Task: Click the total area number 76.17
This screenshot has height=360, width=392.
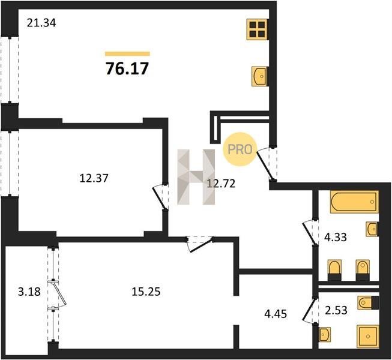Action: pyautogui.click(x=127, y=68)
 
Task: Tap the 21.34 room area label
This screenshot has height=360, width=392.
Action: pyautogui.click(x=41, y=23)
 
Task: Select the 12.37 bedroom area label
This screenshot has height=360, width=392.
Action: pyautogui.click(x=94, y=178)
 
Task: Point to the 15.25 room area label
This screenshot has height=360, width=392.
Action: pyautogui.click(x=146, y=292)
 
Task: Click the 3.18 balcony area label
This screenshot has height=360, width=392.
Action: pyautogui.click(x=29, y=292)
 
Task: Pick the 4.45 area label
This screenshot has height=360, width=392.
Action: pyautogui.click(x=276, y=314)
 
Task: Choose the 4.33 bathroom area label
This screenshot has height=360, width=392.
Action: pyautogui.click(x=335, y=237)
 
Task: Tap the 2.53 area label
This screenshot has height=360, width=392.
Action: pyautogui.click(x=336, y=310)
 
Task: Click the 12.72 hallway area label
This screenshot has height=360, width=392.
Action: pyautogui.click(x=221, y=184)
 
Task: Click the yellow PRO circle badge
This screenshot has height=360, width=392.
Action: pyautogui.click(x=240, y=149)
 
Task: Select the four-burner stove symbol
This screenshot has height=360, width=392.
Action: pyautogui.click(x=258, y=29)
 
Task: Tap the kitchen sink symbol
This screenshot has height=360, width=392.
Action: pyautogui.click(x=261, y=76)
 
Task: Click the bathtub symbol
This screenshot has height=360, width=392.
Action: pyautogui.click(x=354, y=202)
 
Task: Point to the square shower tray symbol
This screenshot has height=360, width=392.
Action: pyautogui.click(x=368, y=336)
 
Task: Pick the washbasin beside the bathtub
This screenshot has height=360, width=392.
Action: pyautogui.click(x=372, y=229)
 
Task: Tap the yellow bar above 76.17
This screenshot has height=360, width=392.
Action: pyautogui.click(x=127, y=54)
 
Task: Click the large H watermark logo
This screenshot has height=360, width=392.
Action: pyautogui.click(x=196, y=177)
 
